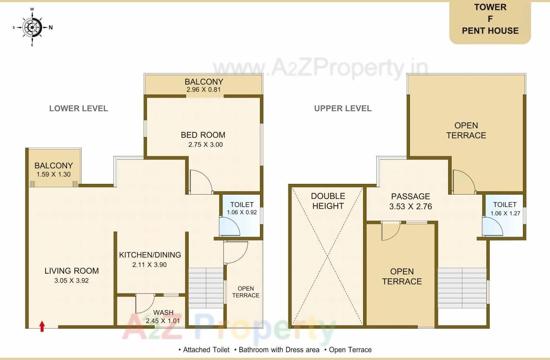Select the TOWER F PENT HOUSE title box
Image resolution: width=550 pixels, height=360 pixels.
490,19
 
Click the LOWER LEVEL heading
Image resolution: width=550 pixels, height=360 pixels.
78,108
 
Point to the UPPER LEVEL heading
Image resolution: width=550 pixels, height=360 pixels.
342,108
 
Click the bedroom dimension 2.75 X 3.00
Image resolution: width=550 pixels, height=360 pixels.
205,145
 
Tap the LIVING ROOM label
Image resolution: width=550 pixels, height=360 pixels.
72,271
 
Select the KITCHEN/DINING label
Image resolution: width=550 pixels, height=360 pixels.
150,255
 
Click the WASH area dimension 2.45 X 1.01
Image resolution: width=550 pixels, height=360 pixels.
163,321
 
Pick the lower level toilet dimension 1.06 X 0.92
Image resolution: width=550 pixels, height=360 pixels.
241,212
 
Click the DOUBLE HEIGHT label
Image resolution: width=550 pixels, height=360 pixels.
328,201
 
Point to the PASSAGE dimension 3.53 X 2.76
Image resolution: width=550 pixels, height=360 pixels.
410,207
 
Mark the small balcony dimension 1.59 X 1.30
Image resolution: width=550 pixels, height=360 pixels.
54,174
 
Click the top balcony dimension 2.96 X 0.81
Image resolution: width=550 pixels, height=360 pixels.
204,90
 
